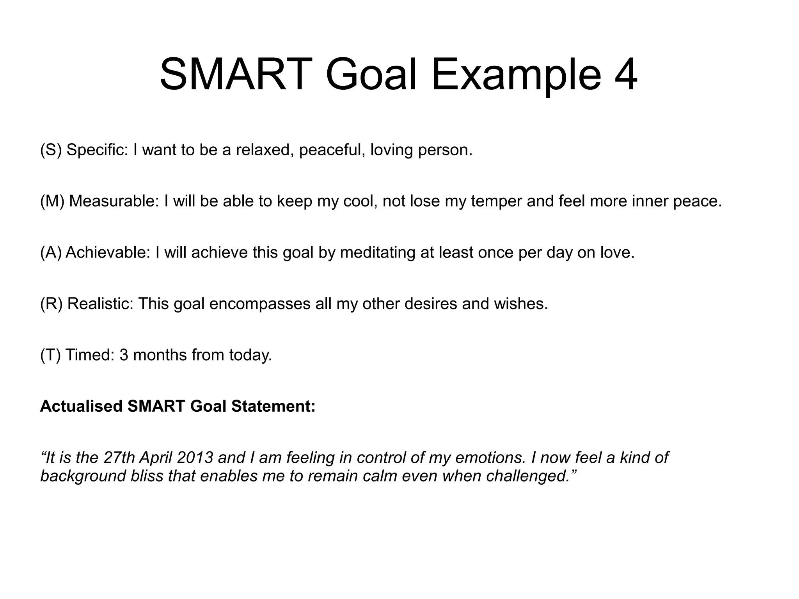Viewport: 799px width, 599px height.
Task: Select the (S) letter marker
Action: click(x=51, y=150)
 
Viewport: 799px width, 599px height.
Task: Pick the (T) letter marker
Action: click(x=50, y=355)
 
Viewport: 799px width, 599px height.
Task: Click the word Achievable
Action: click(x=108, y=252)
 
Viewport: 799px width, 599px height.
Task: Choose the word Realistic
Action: click(x=100, y=304)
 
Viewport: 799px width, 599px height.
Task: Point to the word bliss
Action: click(x=147, y=476)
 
